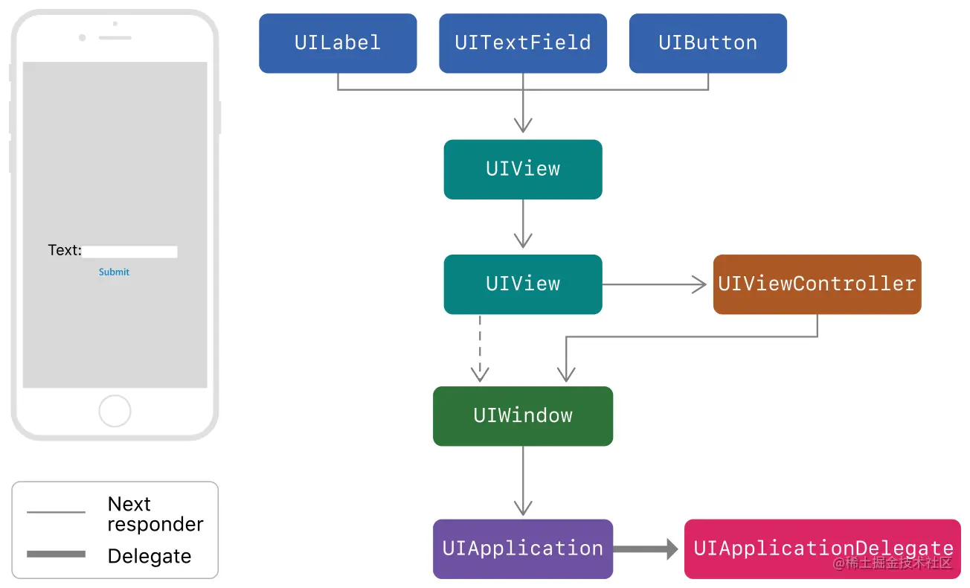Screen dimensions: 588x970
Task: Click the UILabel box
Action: point(338,43)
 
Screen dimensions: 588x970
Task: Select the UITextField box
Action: point(523,43)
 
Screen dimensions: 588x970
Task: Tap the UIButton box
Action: point(707,43)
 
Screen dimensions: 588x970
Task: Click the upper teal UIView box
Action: point(523,169)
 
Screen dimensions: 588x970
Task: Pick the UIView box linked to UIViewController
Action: point(523,284)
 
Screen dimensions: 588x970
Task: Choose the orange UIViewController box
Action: point(817,284)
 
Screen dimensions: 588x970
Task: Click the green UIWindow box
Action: point(523,415)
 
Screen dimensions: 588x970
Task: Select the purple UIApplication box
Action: point(523,549)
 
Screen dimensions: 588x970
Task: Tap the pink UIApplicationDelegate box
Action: point(823,549)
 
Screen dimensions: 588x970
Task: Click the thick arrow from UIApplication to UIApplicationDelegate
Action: point(644,549)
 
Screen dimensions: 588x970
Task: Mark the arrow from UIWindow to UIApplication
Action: point(523,481)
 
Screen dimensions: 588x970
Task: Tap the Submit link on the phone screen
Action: point(114,272)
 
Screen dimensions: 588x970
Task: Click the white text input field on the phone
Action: point(130,252)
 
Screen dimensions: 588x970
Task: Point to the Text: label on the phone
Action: point(65,250)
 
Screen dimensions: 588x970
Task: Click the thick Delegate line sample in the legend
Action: point(56,555)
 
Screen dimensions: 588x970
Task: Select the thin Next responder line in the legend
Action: point(56,512)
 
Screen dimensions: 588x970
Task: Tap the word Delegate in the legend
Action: point(150,556)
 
